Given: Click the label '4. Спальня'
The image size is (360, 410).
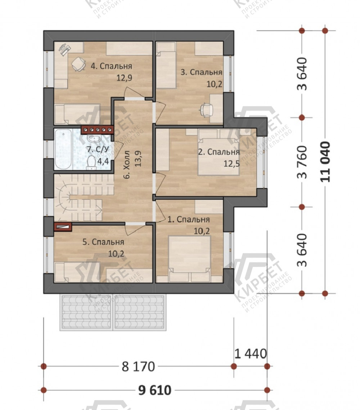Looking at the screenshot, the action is (x=111, y=66).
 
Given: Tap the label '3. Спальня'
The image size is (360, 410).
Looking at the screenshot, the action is (x=202, y=72).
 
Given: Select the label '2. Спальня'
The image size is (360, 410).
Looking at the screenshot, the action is (x=219, y=152).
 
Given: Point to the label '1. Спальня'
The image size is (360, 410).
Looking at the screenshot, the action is (x=188, y=219).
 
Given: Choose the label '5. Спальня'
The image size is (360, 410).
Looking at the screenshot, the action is (x=103, y=242).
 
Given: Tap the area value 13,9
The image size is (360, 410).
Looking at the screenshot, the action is (x=138, y=159).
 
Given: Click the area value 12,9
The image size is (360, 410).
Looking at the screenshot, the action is (x=124, y=78).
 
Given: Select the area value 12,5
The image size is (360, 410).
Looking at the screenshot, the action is (x=232, y=164).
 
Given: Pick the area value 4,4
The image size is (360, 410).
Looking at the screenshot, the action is (x=103, y=161).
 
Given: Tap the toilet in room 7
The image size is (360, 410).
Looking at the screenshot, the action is (x=91, y=162).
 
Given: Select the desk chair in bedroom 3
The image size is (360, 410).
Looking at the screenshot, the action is (x=206, y=109).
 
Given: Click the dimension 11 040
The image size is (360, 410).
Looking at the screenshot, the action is (x=325, y=162).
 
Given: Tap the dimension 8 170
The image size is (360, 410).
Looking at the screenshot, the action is (x=139, y=367).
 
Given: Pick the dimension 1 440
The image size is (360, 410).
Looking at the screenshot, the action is (x=251, y=354).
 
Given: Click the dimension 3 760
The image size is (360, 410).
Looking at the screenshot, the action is (x=302, y=162).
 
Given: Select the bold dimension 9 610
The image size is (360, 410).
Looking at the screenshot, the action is (x=155, y=390).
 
